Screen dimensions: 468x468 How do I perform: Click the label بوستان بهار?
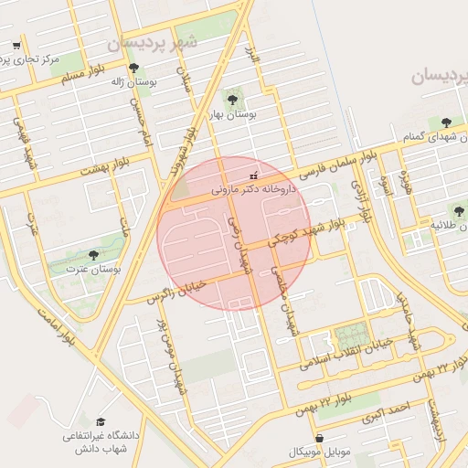pyautogui.click(x=232, y=115)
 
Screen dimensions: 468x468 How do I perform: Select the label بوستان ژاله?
pyautogui.click(x=135, y=81)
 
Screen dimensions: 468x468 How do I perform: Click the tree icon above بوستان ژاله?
pyautogui.click(x=134, y=68)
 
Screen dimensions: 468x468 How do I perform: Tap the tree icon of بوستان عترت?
pyautogui.click(x=94, y=255)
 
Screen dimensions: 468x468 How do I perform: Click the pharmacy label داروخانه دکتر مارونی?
pyautogui.click(x=255, y=190)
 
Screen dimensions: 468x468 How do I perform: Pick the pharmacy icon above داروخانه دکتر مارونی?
pyautogui.click(x=254, y=175)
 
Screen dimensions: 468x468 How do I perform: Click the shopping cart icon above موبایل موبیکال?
pyautogui.click(x=320, y=436)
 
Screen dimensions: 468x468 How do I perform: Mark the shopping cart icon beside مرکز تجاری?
pyautogui.click(x=16, y=46)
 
